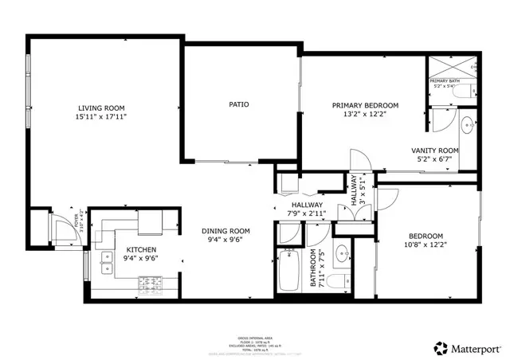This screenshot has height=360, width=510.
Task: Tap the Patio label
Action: pos(238,104)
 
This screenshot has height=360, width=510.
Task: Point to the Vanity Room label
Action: pos(434,151)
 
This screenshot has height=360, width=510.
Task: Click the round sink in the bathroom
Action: pos(341,255)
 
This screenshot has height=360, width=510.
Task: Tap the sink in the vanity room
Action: pos(470,125)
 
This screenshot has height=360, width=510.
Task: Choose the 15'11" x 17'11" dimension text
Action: pos(101,116)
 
